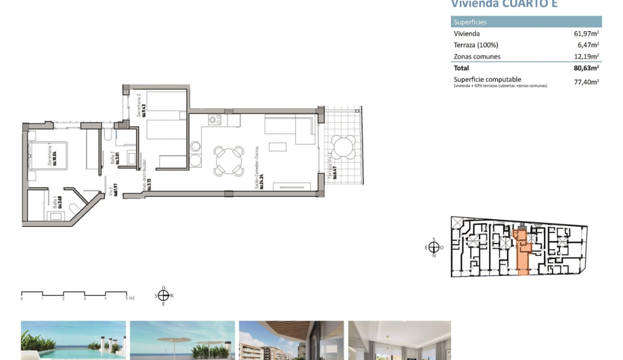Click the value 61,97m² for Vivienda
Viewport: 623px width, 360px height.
pos(587,34)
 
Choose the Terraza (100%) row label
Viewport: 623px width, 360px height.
pos(476,45)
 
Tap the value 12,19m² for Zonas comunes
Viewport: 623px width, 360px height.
pos(587,57)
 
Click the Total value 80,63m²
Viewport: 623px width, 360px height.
pos(587,68)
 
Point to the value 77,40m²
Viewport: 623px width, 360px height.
pos(587,81)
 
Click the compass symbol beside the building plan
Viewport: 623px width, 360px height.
pos(434,247)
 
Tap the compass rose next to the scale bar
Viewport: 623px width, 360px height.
pos(163,296)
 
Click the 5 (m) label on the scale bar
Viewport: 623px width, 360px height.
pos(129,299)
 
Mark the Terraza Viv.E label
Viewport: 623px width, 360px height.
pos(332,168)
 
